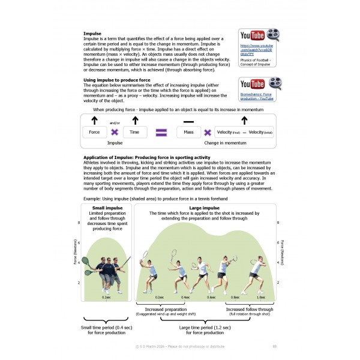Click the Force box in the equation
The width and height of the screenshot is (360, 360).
tap(94, 132)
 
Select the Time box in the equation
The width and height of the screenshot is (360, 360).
tap(135, 132)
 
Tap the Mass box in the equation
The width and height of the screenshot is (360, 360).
tap(189, 132)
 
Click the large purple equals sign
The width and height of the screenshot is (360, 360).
tap(160, 132)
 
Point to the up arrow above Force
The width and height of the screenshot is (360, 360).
tap(94, 120)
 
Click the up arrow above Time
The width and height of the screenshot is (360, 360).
tap(135, 120)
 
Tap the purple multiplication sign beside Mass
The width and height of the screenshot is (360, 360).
tap(208, 132)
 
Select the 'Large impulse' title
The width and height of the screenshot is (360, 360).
tap(205, 208)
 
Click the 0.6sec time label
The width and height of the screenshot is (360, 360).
tap(211, 297)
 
